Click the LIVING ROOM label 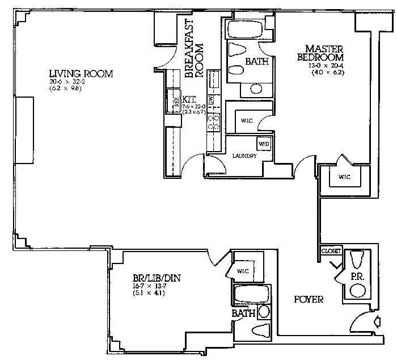pos(81,74)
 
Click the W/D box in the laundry pos(264,143)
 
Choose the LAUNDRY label pos(244,156)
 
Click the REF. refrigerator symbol pos(177,103)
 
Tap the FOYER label pos(308,299)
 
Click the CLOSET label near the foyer pos(331,251)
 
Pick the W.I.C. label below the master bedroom pos(345,177)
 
